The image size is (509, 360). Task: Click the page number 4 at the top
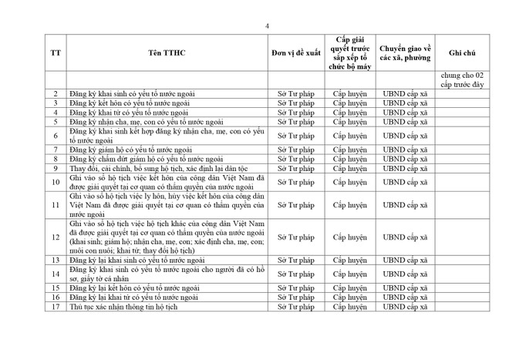pyautogui.click(x=267, y=25)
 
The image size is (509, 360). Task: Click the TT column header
pyautogui.click(x=56, y=52)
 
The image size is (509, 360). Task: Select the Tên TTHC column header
pyautogui.click(x=167, y=52)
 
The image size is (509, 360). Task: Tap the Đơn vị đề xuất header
pyautogui.click(x=296, y=52)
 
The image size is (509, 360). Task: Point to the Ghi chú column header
pyautogui.click(x=462, y=52)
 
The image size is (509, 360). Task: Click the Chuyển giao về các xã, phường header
pyautogui.click(x=405, y=52)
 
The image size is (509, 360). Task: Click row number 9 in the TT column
pyautogui.click(x=56, y=168)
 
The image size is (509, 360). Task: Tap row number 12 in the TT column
pyautogui.click(x=56, y=237)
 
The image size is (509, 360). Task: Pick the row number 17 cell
pyautogui.click(x=56, y=307)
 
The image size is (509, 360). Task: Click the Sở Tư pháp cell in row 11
pyautogui.click(x=296, y=206)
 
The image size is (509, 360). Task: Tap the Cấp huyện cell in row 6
pyautogui.click(x=350, y=136)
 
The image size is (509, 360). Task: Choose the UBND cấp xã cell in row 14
pyautogui.click(x=405, y=274)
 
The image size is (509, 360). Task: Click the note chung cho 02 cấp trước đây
pyautogui.click(x=462, y=79)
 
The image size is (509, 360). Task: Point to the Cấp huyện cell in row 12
pyautogui.click(x=350, y=237)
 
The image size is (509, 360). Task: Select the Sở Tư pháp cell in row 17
pyautogui.click(x=296, y=307)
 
